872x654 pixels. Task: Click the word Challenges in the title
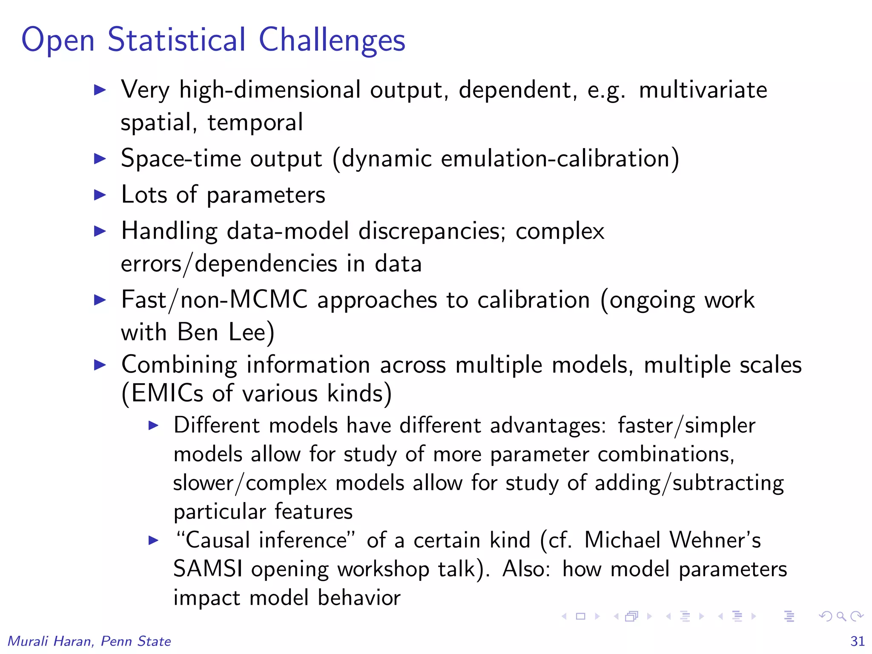pos(332,40)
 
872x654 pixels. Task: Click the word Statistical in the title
pos(177,40)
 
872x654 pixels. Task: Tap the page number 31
pos(857,641)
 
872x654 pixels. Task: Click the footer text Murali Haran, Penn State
pos(89,641)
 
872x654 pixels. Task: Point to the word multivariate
pos(703,90)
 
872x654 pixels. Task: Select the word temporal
pos(255,123)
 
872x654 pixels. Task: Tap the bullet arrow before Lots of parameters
pos(100,195)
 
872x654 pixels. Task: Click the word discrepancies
pos(431,232)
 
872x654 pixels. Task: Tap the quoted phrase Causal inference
pos(266,540)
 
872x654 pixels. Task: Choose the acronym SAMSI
pos(208,569)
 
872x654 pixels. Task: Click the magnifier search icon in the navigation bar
pos(841,616)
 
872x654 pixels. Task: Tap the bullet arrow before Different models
pos(153,425)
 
